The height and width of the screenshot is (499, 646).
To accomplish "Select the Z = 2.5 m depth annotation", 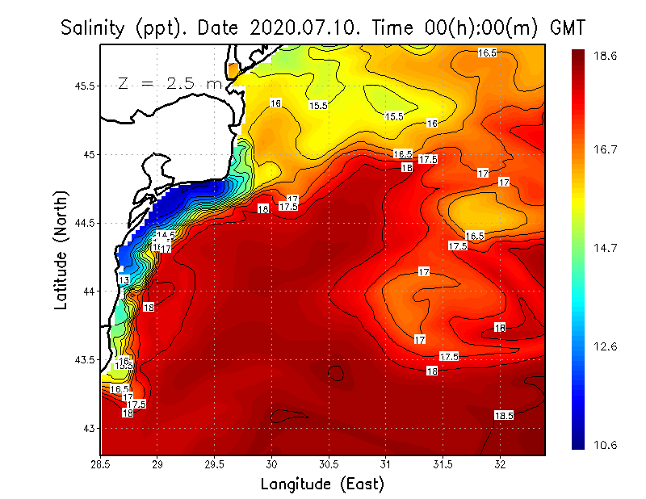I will tap(170, 83).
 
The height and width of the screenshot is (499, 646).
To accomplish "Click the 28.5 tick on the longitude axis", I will tap(100, 464).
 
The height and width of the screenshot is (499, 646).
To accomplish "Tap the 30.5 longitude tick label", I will tap(329, 464).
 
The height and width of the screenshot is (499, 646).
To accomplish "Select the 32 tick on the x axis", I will tap(500, 464).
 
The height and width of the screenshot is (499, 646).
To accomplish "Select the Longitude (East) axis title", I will tap(322, 484).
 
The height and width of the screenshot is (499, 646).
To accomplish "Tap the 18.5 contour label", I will tap(504, 415).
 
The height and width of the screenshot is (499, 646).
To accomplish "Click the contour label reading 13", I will tap(124, 279).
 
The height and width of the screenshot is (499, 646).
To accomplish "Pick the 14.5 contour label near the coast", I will tap(166, 236).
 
